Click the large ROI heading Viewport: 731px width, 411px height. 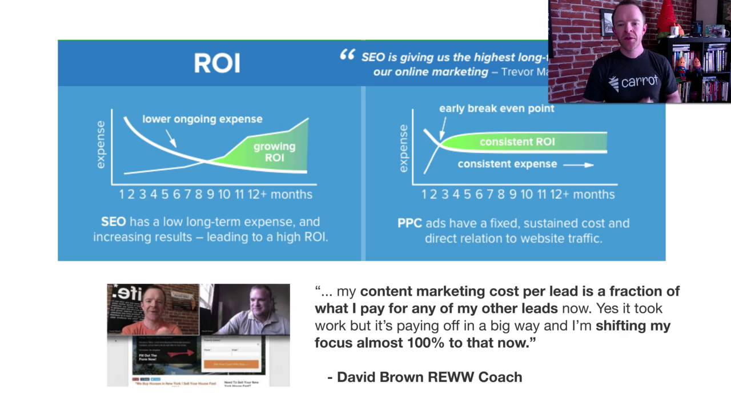(217, 63)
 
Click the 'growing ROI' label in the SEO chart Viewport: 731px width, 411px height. (274, 152)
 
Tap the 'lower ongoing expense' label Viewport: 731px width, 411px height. (202, 119)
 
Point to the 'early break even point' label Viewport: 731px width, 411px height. (496, 108)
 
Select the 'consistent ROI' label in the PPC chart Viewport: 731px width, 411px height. (517, 142)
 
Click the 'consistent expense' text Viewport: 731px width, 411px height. (507, 164)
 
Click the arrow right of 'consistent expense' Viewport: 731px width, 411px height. (579, 165)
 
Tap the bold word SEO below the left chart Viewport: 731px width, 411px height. (113, 222)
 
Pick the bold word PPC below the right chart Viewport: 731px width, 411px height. (409, 223)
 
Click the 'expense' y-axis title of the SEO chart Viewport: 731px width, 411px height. (101, 144)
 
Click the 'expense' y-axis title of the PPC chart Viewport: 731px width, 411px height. (404, 148)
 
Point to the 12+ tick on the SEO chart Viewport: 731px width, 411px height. (256, 195)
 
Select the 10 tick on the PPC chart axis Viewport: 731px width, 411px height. (526, 195)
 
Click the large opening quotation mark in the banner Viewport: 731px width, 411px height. (347, 55)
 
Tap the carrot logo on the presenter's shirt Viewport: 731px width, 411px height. (633, 82)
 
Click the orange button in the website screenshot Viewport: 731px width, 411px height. (231, 364)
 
